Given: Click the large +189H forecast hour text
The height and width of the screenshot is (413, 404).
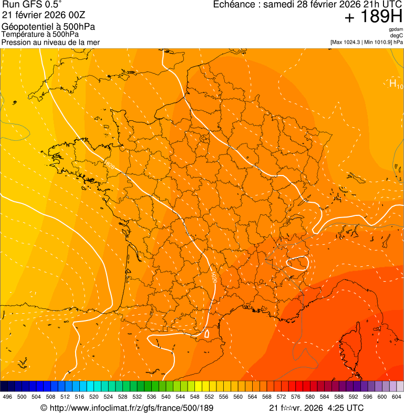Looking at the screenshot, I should pyautogui.click(x=374, y=17).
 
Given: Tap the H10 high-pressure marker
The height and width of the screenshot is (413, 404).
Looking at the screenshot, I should pyautogui.click(x=396, y=84).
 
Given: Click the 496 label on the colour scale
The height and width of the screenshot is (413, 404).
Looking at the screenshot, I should pyautogui.click(x=7, y=397).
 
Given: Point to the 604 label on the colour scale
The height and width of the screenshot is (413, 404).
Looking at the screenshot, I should pyautogui.click(x=396, y=397).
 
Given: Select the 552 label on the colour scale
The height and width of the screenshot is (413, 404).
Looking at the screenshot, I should pyautogui.click(x=209, y=397).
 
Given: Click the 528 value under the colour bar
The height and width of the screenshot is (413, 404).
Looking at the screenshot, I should pyautogui.click(x=122, y=397).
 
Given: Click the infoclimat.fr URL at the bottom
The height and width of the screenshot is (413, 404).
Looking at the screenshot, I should pyautogui.click(x=127, y=408).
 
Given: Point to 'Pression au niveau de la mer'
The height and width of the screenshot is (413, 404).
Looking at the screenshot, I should pyautogui.click(x=50, y=42).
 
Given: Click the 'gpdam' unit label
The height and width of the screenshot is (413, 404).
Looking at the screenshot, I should pyautogui.click(x=396, y=29).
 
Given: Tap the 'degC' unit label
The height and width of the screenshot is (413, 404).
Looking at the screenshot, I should pyautogui.click(x=397, y=35).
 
